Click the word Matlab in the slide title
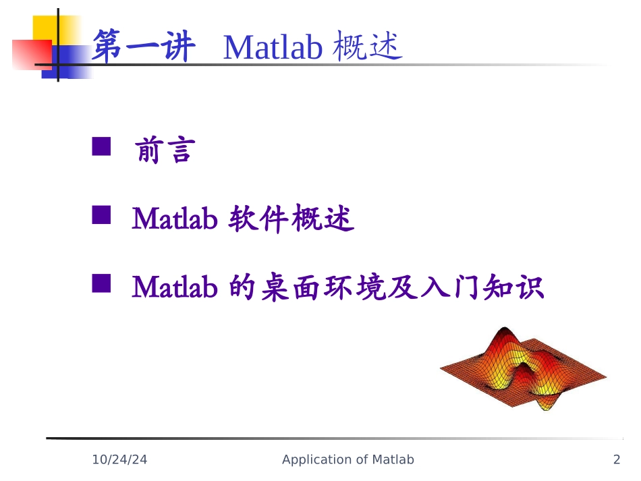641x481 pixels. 273,48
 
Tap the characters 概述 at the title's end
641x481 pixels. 368,48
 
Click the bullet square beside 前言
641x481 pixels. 101,146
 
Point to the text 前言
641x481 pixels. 165,150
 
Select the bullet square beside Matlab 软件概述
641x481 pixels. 101,215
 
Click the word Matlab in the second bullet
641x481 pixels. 174,219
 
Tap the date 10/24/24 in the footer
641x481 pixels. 119,460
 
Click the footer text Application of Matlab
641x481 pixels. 347,460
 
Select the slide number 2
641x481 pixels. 616,460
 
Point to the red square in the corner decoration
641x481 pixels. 32,55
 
